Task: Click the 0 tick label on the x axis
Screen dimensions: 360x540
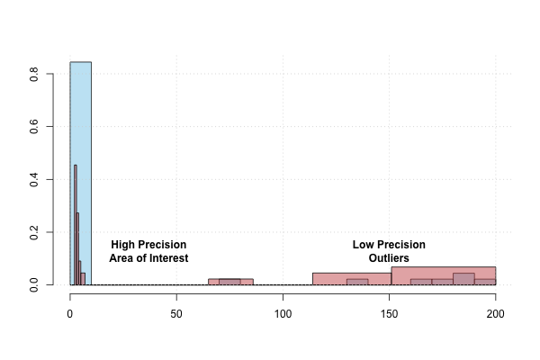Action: coord(70,314)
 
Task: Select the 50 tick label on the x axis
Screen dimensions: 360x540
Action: coord(176,314)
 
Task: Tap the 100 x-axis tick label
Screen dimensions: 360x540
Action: coord(283,314)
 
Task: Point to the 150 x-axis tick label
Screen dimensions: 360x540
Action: coord(389,314)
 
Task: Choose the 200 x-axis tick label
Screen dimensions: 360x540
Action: coord(495,314)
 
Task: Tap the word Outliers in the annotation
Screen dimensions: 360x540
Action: coord(389,258)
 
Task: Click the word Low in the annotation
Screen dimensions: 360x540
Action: coord(363,245)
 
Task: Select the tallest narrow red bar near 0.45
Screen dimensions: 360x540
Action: coord(75,225)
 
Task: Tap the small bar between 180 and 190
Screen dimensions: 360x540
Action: coord(463,279)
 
